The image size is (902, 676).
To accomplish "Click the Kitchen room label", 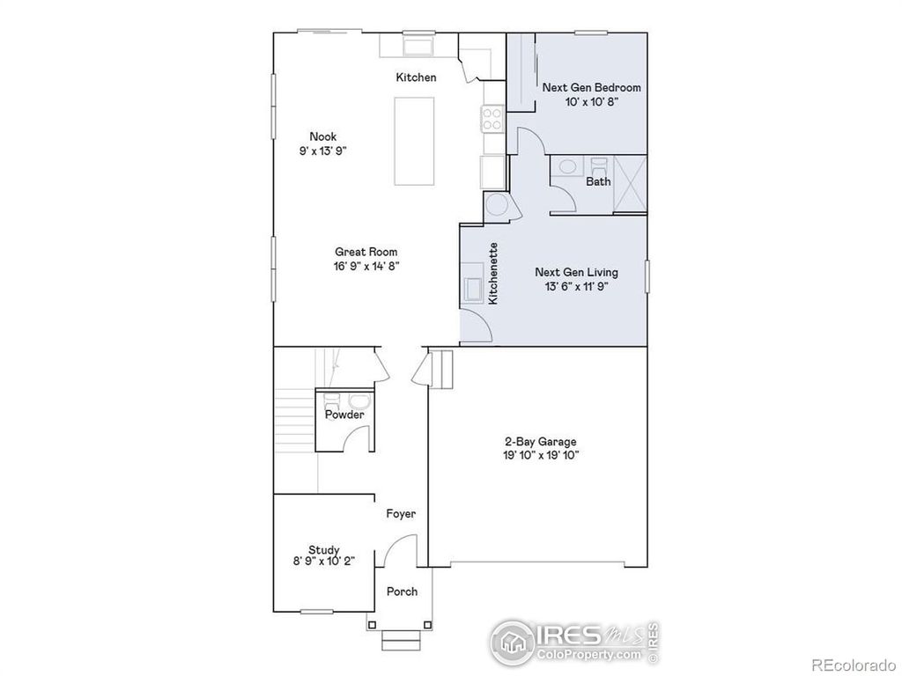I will click(416, 77).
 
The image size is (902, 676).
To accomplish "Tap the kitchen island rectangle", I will click(414, 141).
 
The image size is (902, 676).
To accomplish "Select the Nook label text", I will click(322, 136).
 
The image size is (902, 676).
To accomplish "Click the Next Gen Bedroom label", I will click(591, 87).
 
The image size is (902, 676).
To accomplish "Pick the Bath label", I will click(598, 181).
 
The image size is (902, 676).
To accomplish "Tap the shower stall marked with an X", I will click(629, 183).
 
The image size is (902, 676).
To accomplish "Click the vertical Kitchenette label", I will click(493, 274).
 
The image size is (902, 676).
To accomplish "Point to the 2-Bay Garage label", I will click(540, 441).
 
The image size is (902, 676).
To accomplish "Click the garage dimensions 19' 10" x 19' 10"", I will click(540, 455).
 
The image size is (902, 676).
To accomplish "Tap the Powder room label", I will click(344, 415).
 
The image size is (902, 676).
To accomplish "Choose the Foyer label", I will click(401, 514).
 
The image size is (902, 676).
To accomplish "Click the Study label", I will click(323, 550).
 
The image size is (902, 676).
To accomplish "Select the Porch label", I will click(402, 591).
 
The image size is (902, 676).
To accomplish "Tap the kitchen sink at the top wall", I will click(418, 45).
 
